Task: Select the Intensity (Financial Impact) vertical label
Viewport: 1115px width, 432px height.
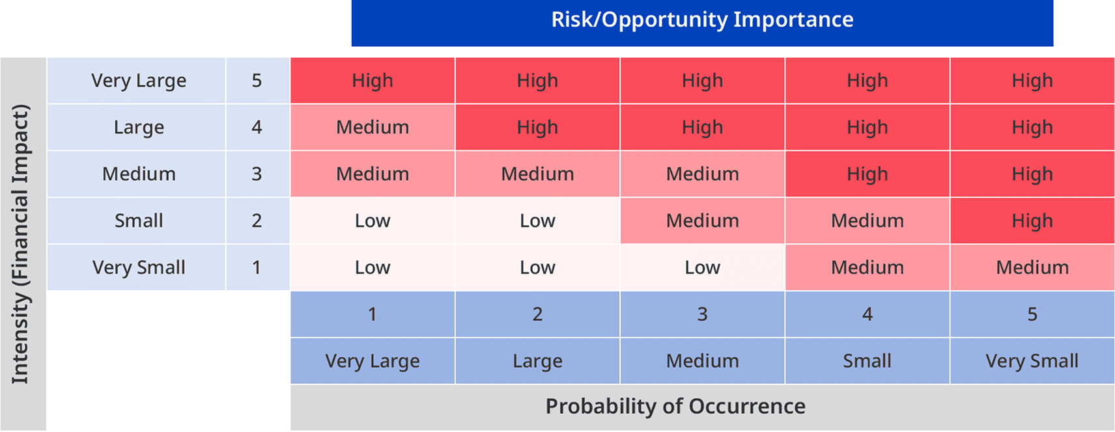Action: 22,244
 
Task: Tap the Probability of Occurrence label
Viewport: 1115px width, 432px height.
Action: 675,407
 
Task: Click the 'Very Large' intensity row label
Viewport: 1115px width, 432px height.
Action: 138,81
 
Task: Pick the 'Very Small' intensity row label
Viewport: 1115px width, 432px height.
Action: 138,267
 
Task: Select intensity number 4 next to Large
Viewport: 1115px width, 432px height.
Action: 257,128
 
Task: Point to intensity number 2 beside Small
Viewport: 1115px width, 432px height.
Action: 257,221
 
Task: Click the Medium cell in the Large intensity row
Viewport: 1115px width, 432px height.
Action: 373,128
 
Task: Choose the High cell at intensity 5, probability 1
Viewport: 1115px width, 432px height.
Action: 373,81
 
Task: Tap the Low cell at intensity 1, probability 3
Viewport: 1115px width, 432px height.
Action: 702,267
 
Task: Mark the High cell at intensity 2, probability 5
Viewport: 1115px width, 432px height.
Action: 1032,221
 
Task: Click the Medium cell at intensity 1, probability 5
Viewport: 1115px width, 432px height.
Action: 1032,267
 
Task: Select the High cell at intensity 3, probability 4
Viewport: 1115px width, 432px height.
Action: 867,174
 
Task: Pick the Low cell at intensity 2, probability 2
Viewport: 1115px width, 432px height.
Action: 537,221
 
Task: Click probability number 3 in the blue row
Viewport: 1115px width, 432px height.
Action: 702,314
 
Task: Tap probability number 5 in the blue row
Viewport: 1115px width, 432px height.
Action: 1032,314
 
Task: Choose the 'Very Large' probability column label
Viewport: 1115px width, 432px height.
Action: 373,361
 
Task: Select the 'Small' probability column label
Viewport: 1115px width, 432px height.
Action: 867,361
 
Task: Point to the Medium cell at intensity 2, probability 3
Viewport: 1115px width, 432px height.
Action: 702,221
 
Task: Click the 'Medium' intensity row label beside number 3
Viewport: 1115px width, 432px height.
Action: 138,174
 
